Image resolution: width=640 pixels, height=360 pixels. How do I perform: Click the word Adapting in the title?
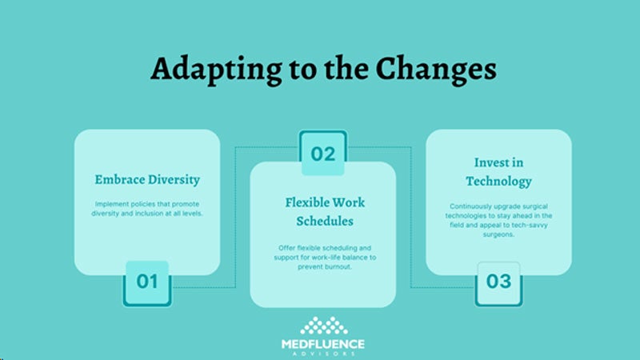click(x=216, y=70)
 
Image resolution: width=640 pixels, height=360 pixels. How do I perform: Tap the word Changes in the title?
click(x=436, y=70)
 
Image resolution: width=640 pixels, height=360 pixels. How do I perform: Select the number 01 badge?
click(x=147, y=283)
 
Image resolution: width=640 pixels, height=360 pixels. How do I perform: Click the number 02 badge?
click(x=323, y=153)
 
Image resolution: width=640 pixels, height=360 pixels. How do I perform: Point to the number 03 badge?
click(x=498, y=283)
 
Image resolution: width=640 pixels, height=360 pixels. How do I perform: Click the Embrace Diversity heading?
click(x=147, y=179)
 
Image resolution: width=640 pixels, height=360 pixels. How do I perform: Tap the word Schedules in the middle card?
click(x=325, y=222)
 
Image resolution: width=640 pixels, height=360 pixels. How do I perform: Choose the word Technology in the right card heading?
click(x=498, y=182)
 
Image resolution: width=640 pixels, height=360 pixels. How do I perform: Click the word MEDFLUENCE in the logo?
click(x=323, y=344)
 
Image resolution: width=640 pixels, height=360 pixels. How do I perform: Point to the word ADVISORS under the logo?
click(x=323, y=354)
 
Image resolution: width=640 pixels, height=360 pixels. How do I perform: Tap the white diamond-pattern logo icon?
click(x=324, y=326)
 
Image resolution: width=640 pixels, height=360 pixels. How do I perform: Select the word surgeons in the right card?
click(x=498, y=234)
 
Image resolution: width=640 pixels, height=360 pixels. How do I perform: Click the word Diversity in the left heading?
click(x=174, y=179)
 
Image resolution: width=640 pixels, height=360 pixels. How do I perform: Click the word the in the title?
click(x=346, y=69)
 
